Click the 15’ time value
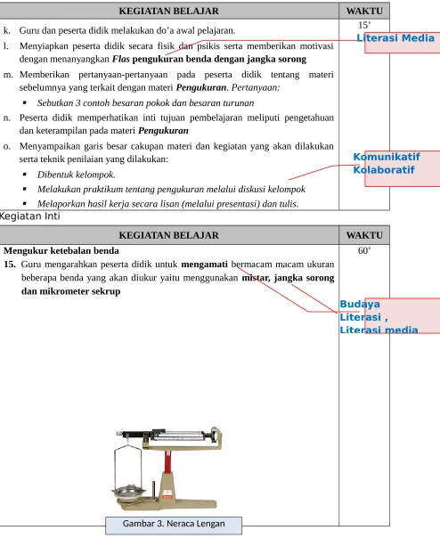tap(364, 26)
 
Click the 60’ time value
tap(364, 251)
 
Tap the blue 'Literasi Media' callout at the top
tap(395, 37)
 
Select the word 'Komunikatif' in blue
tap(387, 157)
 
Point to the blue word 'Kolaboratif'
tap(384, 170)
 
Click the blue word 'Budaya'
tap(360, 305)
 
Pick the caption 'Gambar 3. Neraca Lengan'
tap(174, 524)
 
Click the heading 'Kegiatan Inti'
tap(29, 216)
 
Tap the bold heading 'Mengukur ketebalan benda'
tap(61, 251)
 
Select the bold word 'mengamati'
tap(204, 265)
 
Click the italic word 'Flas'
tap(121, 59)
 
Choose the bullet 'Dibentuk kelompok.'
tap(77, 175)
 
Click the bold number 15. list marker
tap(10, 265)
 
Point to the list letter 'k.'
tap(7, 30)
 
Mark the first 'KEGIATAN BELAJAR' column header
tap(168, 11)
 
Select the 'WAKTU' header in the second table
tap(364, 235)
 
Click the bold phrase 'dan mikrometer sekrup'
tap(70, 291)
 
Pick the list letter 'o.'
tap(7, 146)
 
